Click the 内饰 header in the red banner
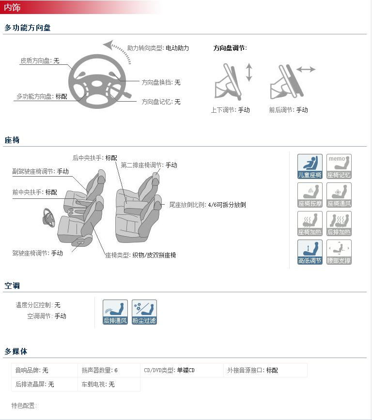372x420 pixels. click(13, 7)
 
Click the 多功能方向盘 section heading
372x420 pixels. click(28, 28)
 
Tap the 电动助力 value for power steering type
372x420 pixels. click(177, 48)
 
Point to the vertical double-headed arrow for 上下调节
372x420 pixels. click(249, 72)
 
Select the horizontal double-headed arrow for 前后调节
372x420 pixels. click(306, 70)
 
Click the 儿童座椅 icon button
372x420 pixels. click(310, 166)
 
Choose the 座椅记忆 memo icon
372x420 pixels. click(339, 166)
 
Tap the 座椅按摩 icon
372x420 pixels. click(310, 195)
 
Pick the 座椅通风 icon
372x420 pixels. click(339, 195)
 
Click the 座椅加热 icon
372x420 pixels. click(310, 224)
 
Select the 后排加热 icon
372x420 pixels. click(339, 224)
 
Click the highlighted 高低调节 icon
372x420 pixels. click(310, 252)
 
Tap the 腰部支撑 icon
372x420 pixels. click(339, 252)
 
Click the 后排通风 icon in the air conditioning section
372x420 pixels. click(115, 312)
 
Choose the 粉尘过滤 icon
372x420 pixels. click(144, 312)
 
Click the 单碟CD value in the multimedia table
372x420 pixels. click(186, 371)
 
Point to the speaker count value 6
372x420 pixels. click(116, 371)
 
